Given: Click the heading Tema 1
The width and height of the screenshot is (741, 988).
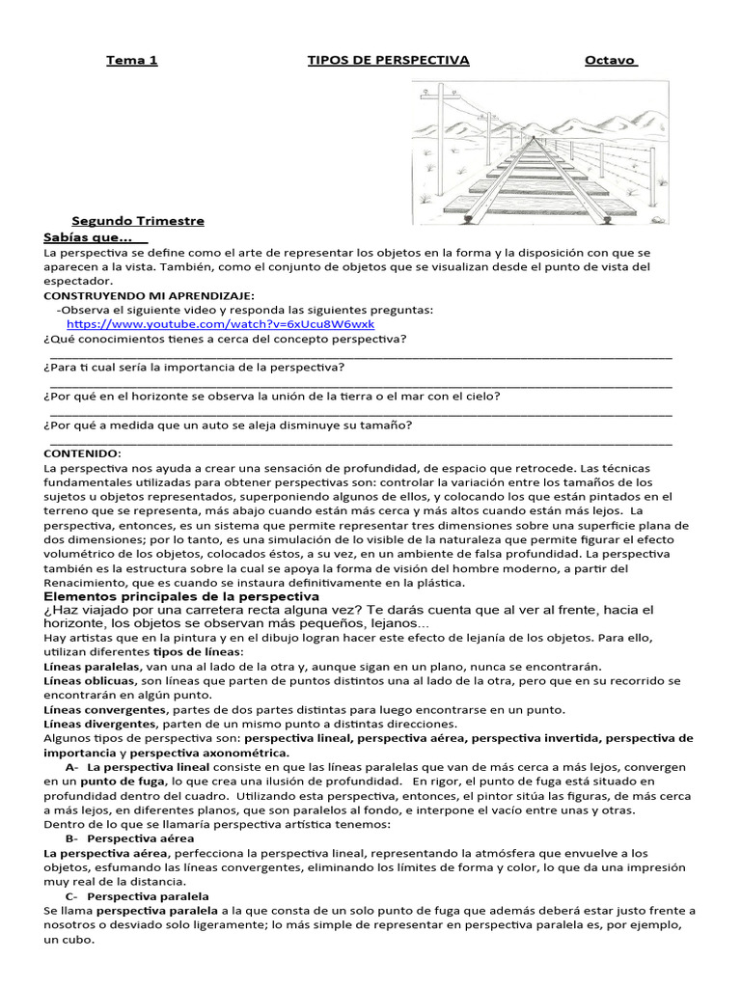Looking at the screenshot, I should click(131, 60).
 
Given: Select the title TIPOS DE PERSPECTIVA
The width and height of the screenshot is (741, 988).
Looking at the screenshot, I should click(388, 60).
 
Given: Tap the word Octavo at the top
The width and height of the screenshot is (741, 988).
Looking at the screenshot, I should click(611, 60).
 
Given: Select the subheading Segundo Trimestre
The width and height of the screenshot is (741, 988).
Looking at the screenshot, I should click(138, 220).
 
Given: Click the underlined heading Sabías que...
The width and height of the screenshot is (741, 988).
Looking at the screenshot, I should click(95, 236).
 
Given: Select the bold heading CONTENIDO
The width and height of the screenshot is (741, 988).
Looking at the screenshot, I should click(83, 453).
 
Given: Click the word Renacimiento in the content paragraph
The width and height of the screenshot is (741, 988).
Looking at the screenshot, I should click(89, 583).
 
